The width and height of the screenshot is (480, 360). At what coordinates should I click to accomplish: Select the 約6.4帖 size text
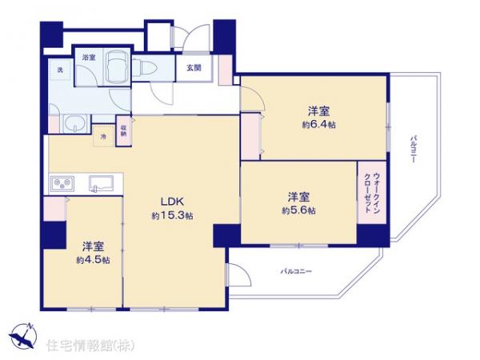(x=318, y=126)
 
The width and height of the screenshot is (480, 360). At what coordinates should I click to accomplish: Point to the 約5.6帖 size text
(x=298, y=210)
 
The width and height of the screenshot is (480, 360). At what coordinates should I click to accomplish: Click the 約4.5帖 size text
(x=93, y=260)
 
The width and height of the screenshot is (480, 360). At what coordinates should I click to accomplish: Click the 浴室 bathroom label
(x=88, y=58)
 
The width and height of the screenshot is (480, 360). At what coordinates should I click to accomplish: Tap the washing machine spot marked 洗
(x=58, y=71)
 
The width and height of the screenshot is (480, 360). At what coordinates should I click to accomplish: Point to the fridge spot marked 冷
(x=104, y=138)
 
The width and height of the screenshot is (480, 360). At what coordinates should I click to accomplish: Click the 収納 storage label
(x=124, y=132)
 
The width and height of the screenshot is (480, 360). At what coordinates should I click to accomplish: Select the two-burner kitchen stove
(x=62, y=185)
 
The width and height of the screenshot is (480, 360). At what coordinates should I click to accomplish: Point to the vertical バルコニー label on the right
(x=413, y=149)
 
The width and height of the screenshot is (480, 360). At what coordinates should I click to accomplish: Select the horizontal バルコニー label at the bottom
(x=295, y=273)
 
